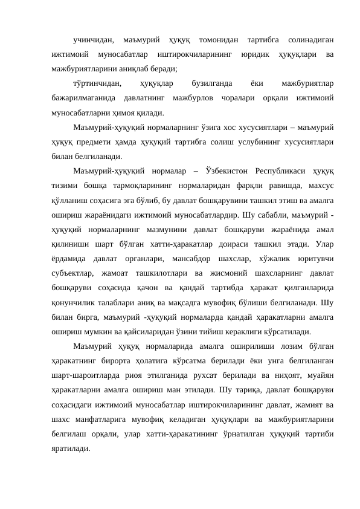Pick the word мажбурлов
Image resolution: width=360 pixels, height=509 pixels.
click(x=192, y=98)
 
